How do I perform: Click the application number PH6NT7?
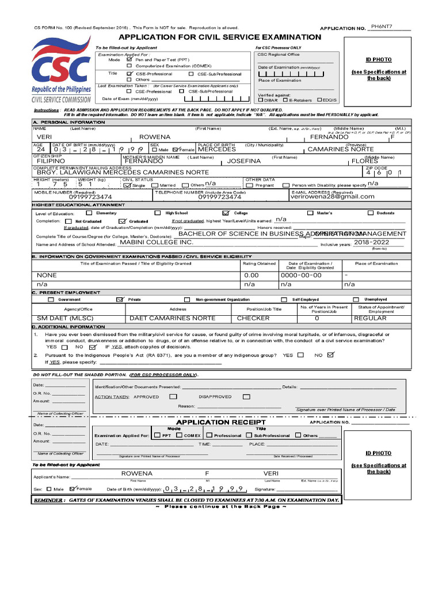click(x=382, y=26)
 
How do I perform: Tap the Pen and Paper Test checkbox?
click(x=129, y=60)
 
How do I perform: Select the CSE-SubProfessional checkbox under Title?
click(x=191, y=74)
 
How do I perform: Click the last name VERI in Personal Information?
click(x=44, y=137)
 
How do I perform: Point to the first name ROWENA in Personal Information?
click(x=155, y=137)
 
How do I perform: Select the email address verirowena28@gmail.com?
click(x=332, y=197)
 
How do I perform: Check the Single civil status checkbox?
click(x=127, y=185)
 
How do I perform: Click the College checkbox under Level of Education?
click(x=226, y=213)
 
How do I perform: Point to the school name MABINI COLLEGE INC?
click(x=157, y=243)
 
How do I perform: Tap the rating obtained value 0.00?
click(x=252, y=276)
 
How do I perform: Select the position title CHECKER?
click(x=253, y=318)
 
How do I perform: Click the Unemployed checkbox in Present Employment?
click(x=356, y=300)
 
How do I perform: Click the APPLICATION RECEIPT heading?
click(x=220, y=423)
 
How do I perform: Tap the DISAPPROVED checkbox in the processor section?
click(x=246, y=396)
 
